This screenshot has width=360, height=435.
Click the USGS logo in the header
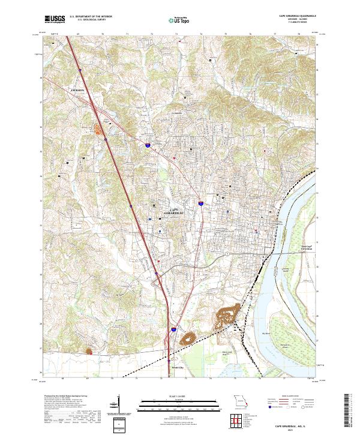[x=55, y=20]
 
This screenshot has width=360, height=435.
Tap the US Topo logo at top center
[x=179, y=20]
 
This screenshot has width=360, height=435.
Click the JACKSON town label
[x=77, y=91]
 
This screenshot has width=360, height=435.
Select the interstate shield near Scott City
[x=173, y=329]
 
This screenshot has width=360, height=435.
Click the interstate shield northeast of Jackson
[x=146, y=144]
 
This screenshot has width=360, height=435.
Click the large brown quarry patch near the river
[x=227, y=314]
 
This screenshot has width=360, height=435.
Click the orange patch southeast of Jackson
[x=99, y=128]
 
